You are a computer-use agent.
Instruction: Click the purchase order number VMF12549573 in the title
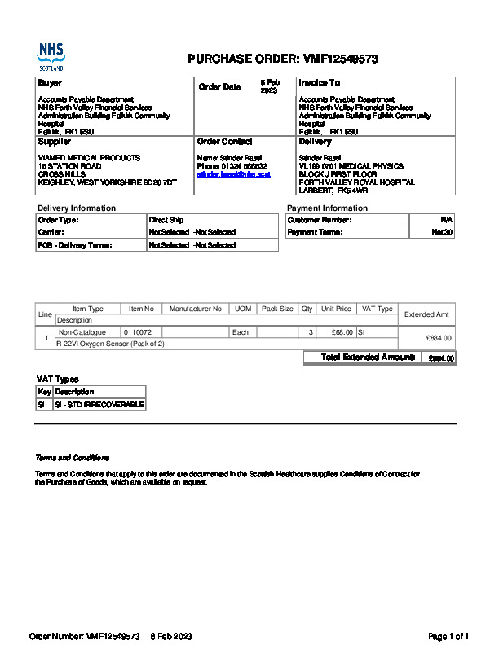341,59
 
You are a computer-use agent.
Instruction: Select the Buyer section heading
50,83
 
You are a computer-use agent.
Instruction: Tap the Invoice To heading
320,83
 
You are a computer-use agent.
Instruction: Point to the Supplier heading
55,142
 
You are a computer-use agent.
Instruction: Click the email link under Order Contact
233,174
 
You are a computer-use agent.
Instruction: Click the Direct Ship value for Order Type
166,220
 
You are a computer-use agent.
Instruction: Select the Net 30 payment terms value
442,232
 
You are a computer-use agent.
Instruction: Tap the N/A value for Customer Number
446,220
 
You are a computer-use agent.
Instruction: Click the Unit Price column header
336,309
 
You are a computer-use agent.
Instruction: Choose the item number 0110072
138,332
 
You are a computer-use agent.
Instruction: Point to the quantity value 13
308,332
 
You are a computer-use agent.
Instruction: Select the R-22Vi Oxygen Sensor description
110,344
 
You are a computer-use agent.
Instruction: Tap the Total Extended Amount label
369,358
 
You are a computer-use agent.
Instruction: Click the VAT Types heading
57,379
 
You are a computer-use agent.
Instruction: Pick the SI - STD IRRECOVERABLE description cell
99,404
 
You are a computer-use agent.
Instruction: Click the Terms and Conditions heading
72,458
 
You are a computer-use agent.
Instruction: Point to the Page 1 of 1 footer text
448,636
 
